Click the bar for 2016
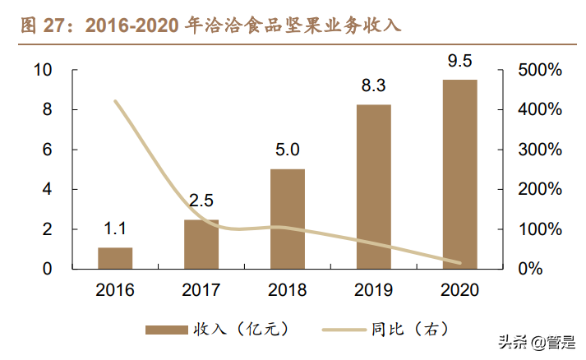pos(115,257)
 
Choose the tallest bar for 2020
pos(459,173)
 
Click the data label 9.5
pos(459,62)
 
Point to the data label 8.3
pos(373,86)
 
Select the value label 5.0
pos(288,150)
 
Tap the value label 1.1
pos(115,229)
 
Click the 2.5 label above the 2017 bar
pos(201,201)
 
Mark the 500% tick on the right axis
pos(540,71)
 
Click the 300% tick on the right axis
pos(540,150)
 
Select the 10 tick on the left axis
pos(43,71)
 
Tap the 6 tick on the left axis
pos(48,150)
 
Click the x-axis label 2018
pos(288,291)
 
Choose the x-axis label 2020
pos(459,291)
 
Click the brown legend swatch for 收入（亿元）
pos(168,330)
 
